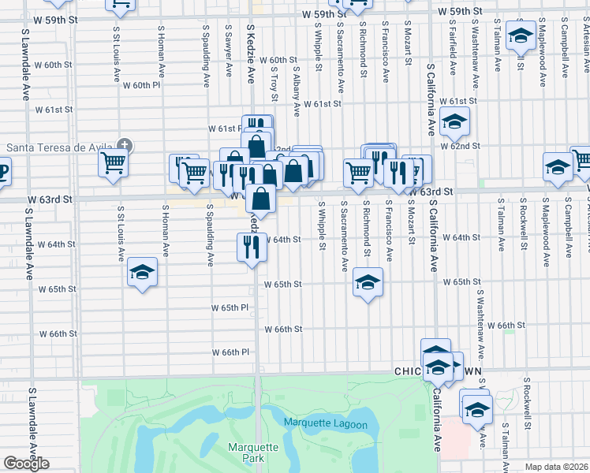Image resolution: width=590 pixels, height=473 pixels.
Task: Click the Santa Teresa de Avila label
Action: [61, 147]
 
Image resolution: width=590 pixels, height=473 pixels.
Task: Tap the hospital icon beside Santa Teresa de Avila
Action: [125, 145]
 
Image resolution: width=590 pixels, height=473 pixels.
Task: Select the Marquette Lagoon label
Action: [325, 424]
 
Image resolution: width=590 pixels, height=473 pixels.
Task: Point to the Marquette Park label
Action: [253, 453]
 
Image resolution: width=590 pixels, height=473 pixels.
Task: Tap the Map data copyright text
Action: [557, 467]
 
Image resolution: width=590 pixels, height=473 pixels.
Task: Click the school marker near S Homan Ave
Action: [142, 273]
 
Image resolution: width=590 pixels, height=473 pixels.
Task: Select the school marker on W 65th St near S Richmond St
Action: [367, 283]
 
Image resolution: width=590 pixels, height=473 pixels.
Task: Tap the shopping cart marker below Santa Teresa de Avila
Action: [113, 162]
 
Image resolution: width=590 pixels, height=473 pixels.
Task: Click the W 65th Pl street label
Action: [230, 307]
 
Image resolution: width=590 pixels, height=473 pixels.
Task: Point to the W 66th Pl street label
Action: [230, 352]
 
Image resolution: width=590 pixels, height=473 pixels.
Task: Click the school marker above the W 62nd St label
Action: [454, 122]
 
